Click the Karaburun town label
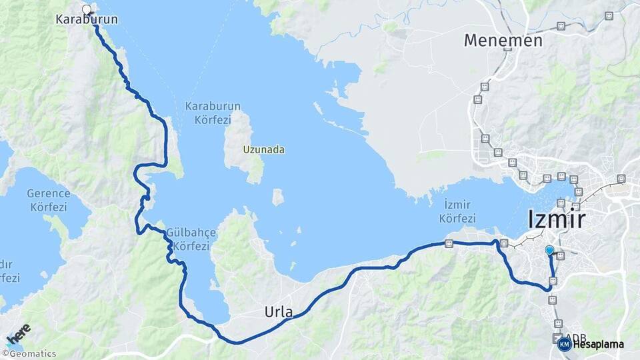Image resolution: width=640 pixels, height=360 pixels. click(87, 20)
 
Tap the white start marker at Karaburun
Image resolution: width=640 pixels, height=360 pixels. click(86, 9)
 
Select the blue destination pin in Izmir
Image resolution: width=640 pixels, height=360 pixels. click(549, 250)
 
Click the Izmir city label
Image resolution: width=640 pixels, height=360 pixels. click(556, 219)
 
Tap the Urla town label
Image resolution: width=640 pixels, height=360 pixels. click(279, 311)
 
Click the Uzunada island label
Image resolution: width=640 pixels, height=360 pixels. click(264, 149)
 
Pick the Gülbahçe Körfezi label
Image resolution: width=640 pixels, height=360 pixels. click(191, 239)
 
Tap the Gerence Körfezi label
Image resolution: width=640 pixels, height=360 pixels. click(48, 200)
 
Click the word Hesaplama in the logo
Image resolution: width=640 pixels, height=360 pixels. click(598, 344)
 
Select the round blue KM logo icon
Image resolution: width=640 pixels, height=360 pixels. click(564, 344)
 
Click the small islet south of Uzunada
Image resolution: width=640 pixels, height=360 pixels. click(278, 197)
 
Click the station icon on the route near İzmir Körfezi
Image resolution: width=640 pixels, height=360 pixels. click(449, 243)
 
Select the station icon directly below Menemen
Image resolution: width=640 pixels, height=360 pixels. click(485, 87)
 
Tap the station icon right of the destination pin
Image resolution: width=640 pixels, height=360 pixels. click(561, 255)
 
